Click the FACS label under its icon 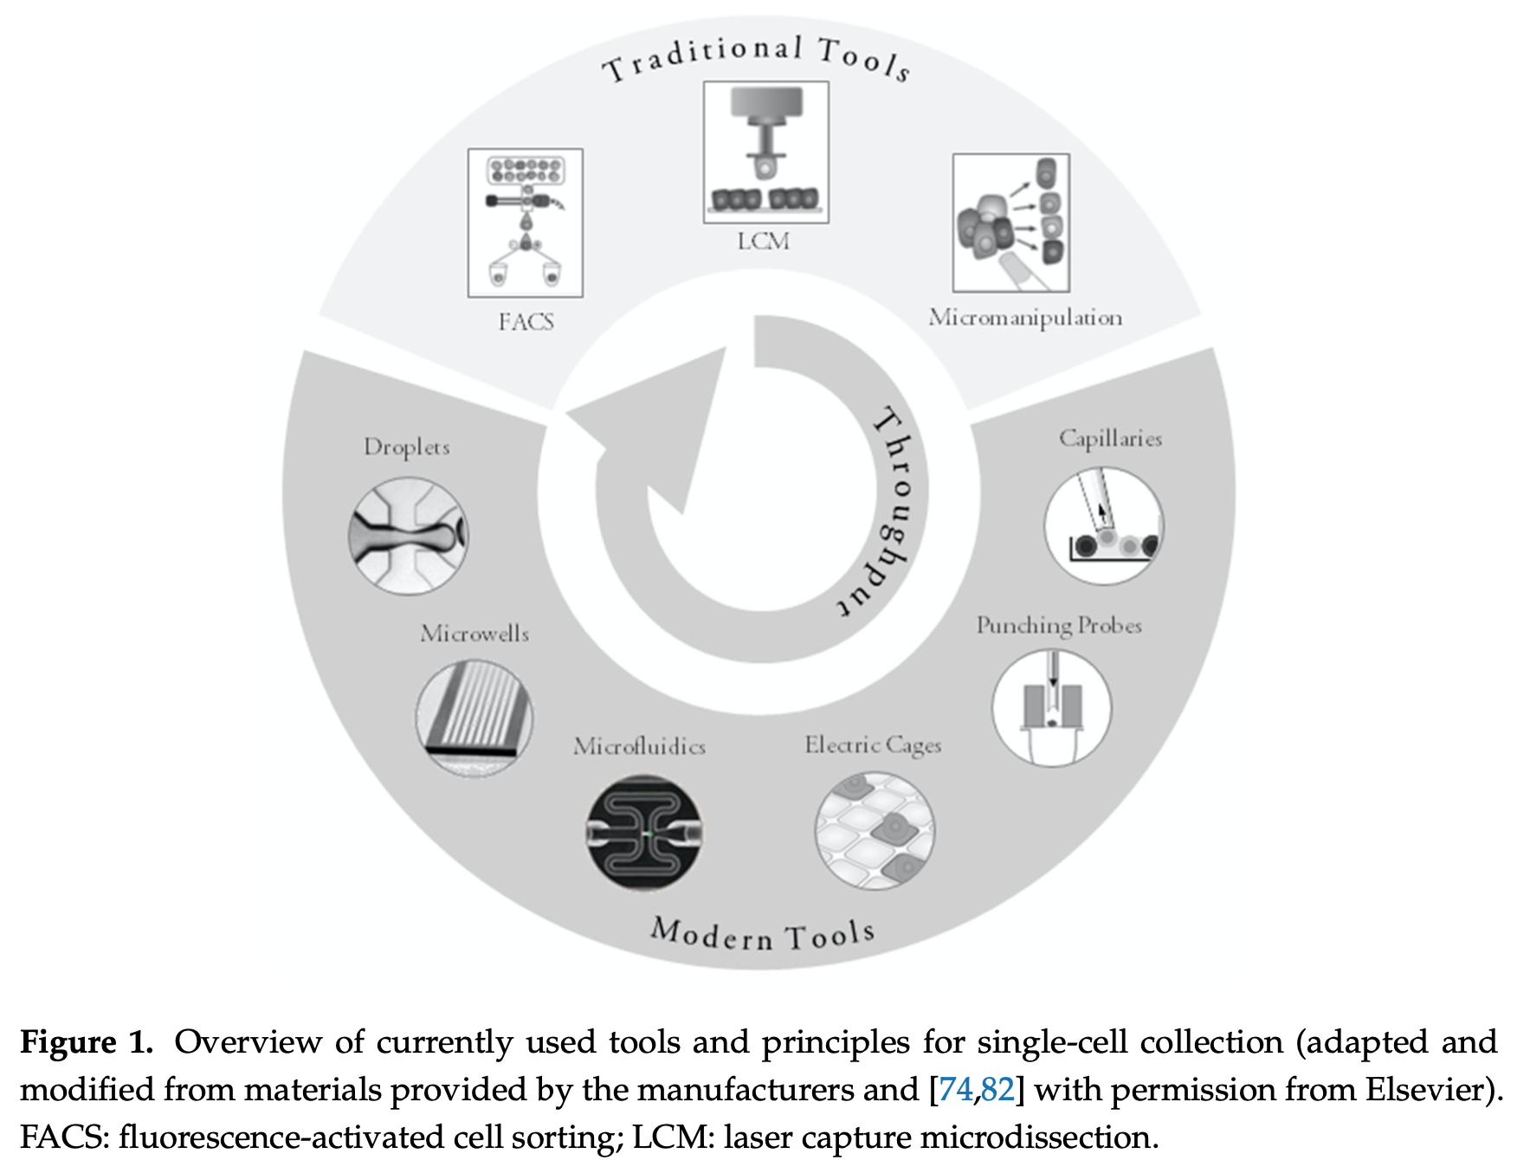coord(526,322)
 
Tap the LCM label coord(763,241)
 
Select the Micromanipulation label coord(1025,318)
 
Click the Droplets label coord(406,447)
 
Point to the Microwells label coord(474,634)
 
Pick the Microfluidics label coord(639,746)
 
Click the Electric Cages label coord(873,744)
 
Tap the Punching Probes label coord(1058,625)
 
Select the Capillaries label coord(1110,438)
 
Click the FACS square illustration coord(526,222)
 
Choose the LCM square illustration coord(765,152)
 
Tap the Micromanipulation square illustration coord(1010,222)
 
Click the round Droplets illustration coord(408,536)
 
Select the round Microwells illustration coord(474,718)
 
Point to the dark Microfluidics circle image coord(644,833)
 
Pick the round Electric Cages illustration coord(875,831)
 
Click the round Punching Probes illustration coord(1051,707)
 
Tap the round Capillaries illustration coord(1104,525)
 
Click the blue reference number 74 coord(955,1089)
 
